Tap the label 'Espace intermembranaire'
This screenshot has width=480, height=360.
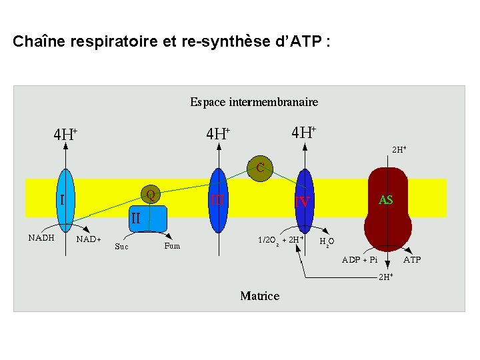click(x=254, y=102)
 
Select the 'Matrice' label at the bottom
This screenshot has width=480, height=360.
click(x=259, y=295)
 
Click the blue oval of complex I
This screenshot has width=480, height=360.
click(x=65, y=200)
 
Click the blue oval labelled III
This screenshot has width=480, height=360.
click(x=218, y=199)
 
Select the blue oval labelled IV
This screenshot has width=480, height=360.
click(x=304, y=200)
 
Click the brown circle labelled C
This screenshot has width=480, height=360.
click(x=260, y=167)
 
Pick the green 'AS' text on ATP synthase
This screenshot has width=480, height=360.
click(x=385, y=199)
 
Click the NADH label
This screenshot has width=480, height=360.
click(x=41, y=237)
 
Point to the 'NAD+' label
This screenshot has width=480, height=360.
click(x=89, y=239)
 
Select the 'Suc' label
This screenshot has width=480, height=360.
click(x=121, y=246)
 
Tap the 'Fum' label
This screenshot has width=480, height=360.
click(x=172, y=245)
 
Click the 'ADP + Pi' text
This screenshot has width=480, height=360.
click(x=359, y=259)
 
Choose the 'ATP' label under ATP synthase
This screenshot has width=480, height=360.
click(x=412, y=259)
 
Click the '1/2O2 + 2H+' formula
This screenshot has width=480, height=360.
click(x=281, y=239)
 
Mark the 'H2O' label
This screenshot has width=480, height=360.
click(x=327, y=241)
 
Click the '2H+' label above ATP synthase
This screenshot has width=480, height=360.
click(x=399, y=150)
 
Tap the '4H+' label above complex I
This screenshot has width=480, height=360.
click(x=65, y=134)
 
